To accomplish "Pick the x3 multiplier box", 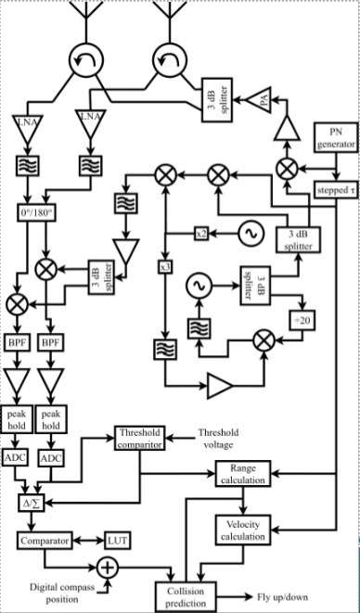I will tap(165, 267).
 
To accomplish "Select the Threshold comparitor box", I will tap(140, 439).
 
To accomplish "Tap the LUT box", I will tap(118, 540).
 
